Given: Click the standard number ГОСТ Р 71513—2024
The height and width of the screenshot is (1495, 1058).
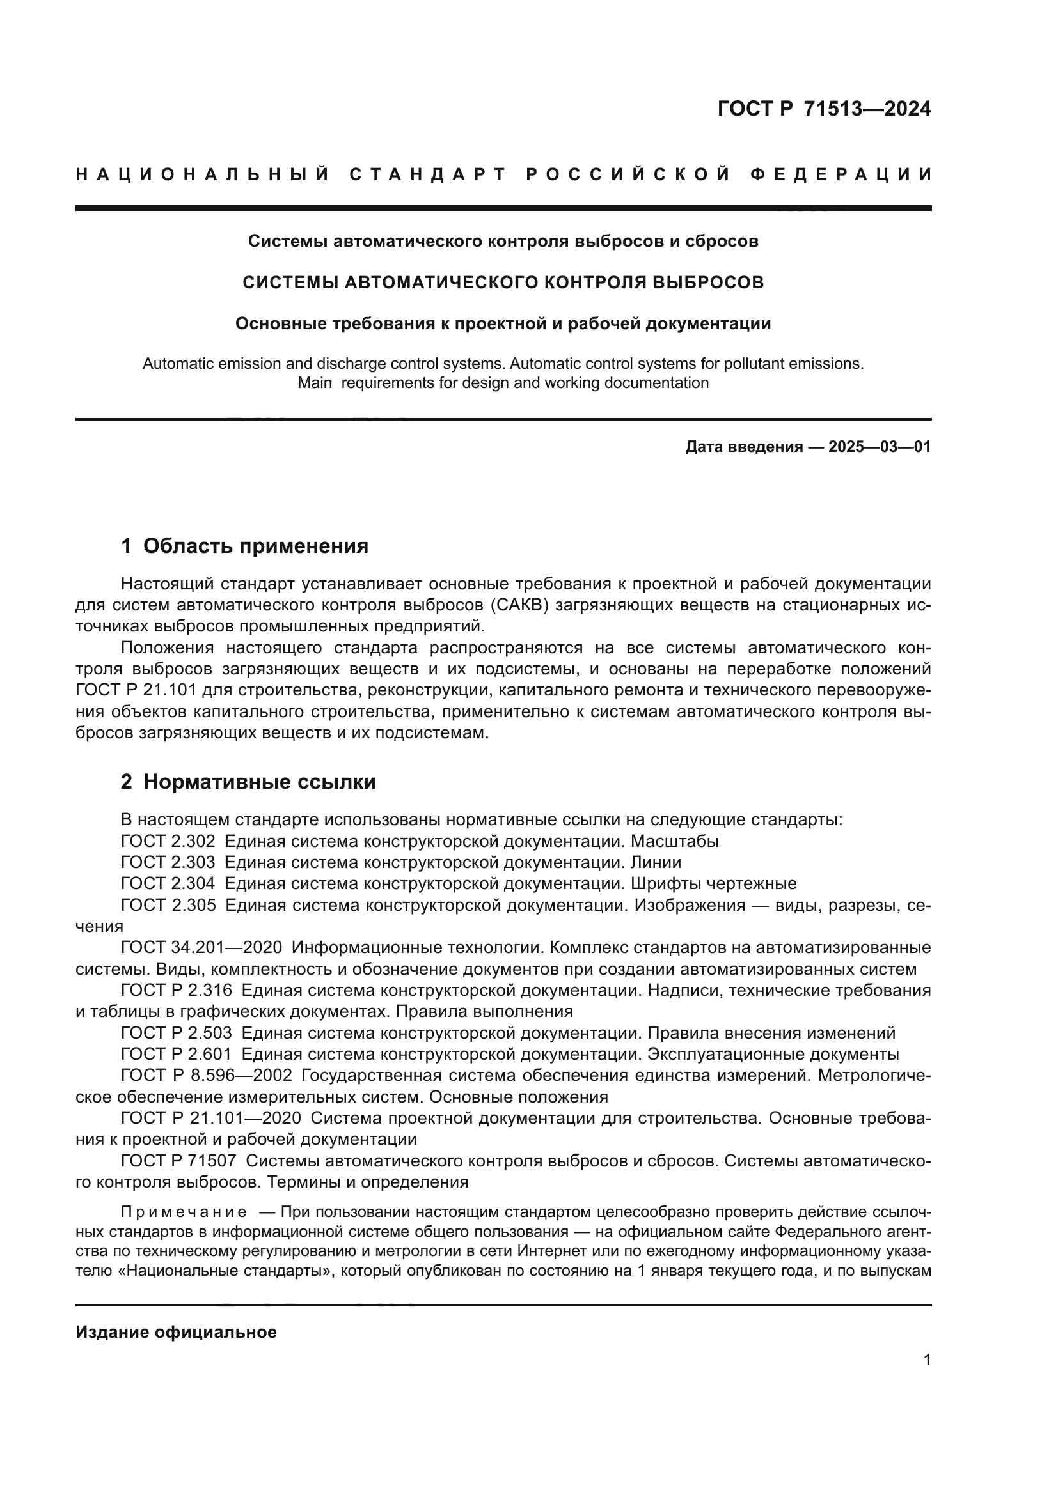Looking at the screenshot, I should (x=823, y=109).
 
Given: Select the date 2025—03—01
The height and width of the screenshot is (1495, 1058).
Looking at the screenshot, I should (x=880, y=447).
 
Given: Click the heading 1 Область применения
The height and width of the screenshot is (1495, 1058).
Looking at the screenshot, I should (x=244, y=546).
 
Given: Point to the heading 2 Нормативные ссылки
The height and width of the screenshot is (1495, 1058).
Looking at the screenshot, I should (x=248, y=781).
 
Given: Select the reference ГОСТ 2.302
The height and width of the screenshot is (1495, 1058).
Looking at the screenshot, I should (x=168, y=840).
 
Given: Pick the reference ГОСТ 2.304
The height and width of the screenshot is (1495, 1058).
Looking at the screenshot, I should (x=168, y=883).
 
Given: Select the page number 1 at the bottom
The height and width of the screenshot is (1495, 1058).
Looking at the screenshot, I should (x=926, y=1372).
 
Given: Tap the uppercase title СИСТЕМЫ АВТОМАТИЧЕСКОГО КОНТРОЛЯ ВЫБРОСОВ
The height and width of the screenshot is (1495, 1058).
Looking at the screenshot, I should (x=503, y=282).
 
